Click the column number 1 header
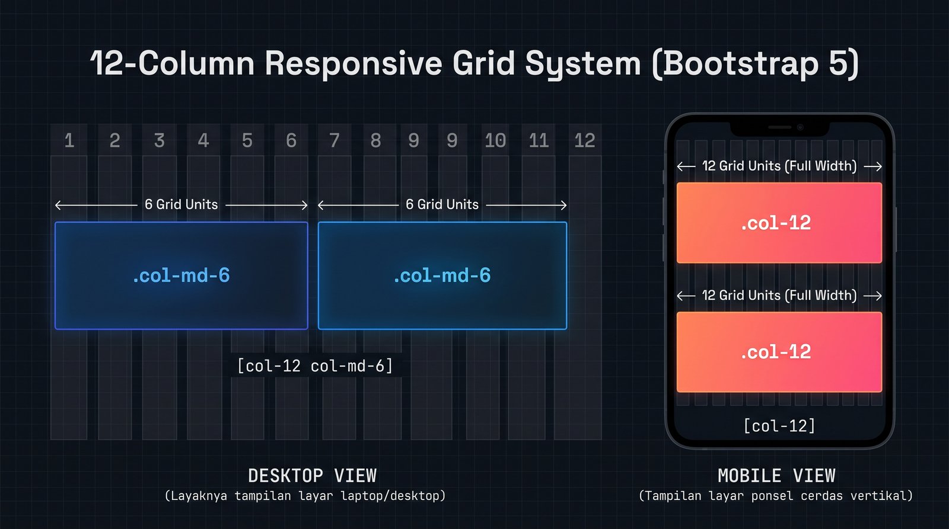(x=69, y=140)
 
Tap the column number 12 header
(x=585, y=140)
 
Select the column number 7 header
(x=335, y=140)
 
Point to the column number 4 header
(x=203, y=140)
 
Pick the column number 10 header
(x=495, y=140)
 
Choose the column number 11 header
(x=539, y=140)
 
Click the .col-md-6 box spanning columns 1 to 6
(x=181, y=275)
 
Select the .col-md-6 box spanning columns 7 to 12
(x=442, y=275)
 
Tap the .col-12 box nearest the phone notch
(x=779, y=223)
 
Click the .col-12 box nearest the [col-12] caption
(x=779, y=352)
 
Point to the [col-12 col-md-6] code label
(x=315, y=366)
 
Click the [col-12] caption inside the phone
(x=779, y=426)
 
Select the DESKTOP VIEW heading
(x=312, y=476)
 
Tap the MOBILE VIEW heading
(x=776, y=476)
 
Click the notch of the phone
(x=779, y=128)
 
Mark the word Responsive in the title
(x=354, y=63)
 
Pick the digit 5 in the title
(x=839, y=63)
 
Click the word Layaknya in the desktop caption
(x=199, y=496)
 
